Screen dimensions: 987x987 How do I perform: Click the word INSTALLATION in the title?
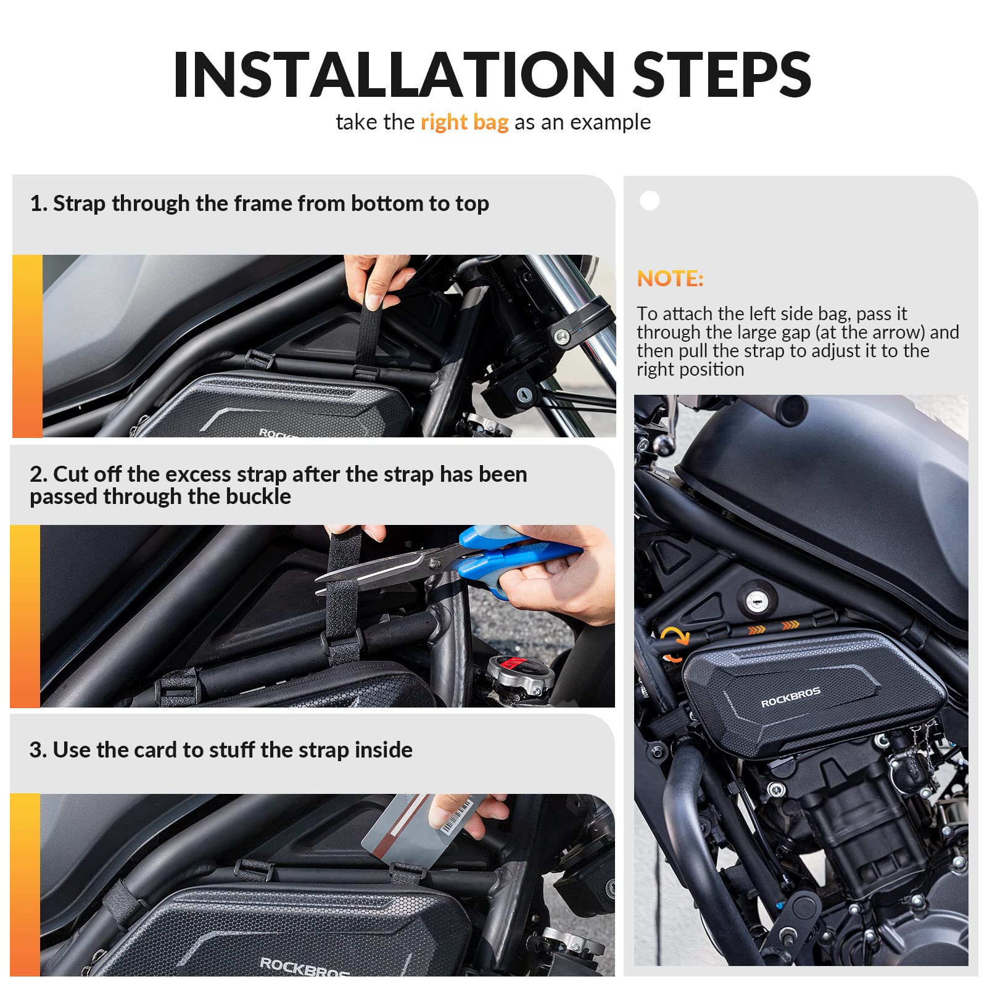(x=394, y=75)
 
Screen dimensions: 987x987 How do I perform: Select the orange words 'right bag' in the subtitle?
(x=465, y=122)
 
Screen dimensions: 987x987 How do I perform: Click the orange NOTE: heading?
(x=670, y=278)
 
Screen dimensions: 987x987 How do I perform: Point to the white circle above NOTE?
(x=650, y=200)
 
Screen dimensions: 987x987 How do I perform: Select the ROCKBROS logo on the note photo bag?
(x=790, y=698)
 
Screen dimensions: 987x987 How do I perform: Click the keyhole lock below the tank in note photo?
(x=756, y=598)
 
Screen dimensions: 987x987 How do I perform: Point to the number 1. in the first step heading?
(x=38, y=204)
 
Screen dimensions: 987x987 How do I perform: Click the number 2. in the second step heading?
(x=38, y=474)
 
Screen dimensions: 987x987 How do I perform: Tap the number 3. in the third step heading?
(x=38, y=750)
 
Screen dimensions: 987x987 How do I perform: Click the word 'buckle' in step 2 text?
(x=258, y=497)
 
